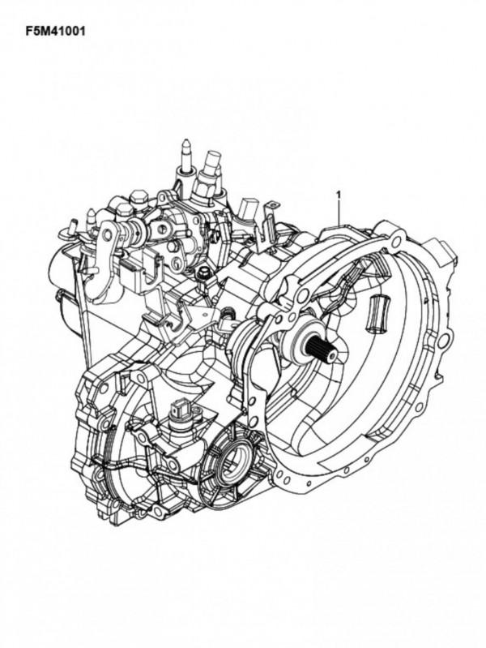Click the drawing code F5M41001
(55, 32)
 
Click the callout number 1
(339, 193)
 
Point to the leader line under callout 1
(339, 212)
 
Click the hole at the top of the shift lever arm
(109, 234)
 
